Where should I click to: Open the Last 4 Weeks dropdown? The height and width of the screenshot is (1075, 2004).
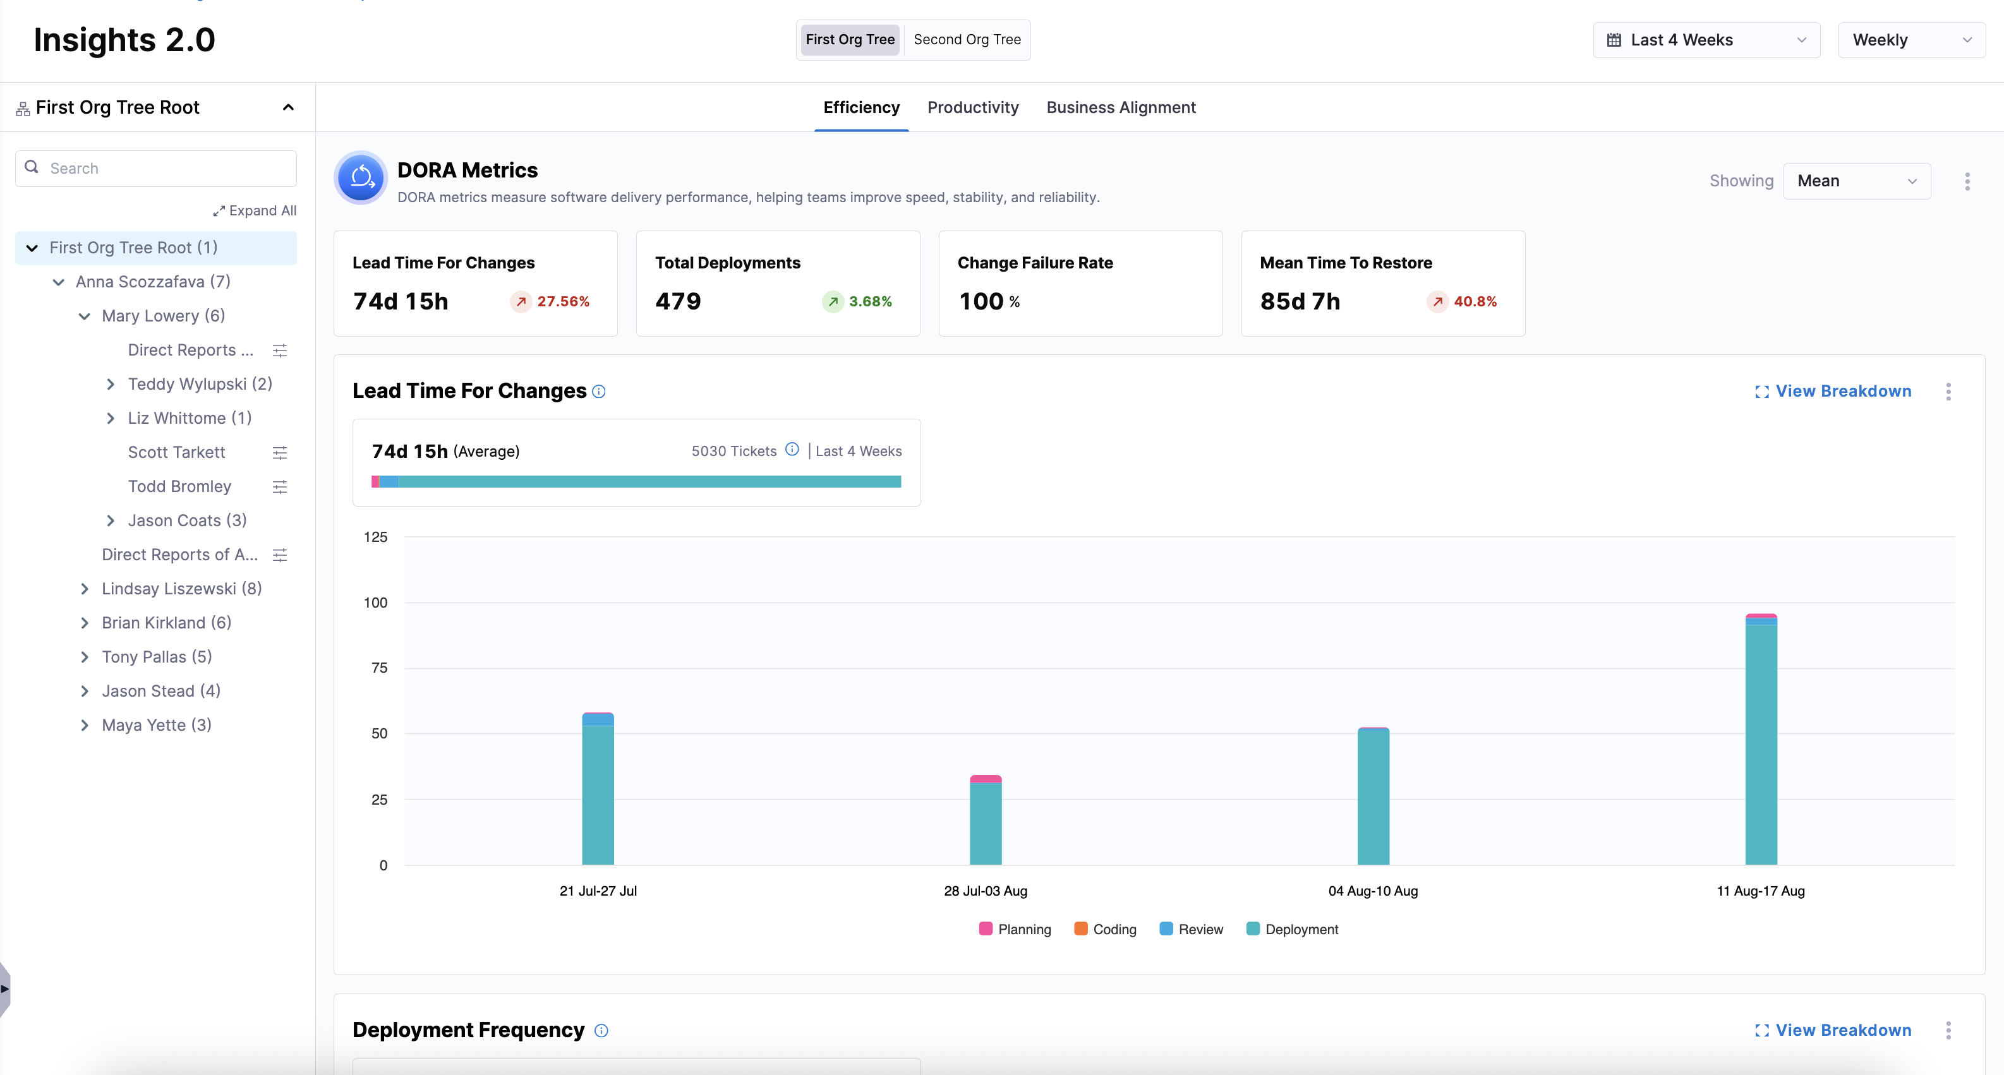click(x=1706, y=40)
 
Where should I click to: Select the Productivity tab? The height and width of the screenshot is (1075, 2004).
click(x=972, y=107)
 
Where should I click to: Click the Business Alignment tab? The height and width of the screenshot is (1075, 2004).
click(x=1120, y=107)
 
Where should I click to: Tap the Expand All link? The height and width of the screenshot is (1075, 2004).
click(x=255, y=211)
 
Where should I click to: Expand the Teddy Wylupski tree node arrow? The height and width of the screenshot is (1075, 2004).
click(x=111, y=384)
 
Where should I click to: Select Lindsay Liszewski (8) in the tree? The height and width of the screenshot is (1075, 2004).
click(x=181, y=589)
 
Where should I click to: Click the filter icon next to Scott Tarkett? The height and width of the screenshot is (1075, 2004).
click(x=280, y=453)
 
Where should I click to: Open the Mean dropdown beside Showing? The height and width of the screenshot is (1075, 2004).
click(x=1856, y=181)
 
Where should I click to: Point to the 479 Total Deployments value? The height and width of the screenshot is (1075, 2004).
click(x=678, y=302)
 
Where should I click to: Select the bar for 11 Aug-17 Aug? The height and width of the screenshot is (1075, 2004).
click(x=1761, y=739)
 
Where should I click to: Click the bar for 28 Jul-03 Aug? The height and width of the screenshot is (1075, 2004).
click(x=985, y=820)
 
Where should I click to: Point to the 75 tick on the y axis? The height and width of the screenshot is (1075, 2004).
click(x=379, y=668)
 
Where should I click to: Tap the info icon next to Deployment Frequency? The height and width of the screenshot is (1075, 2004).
click(x=601, y=1031)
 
